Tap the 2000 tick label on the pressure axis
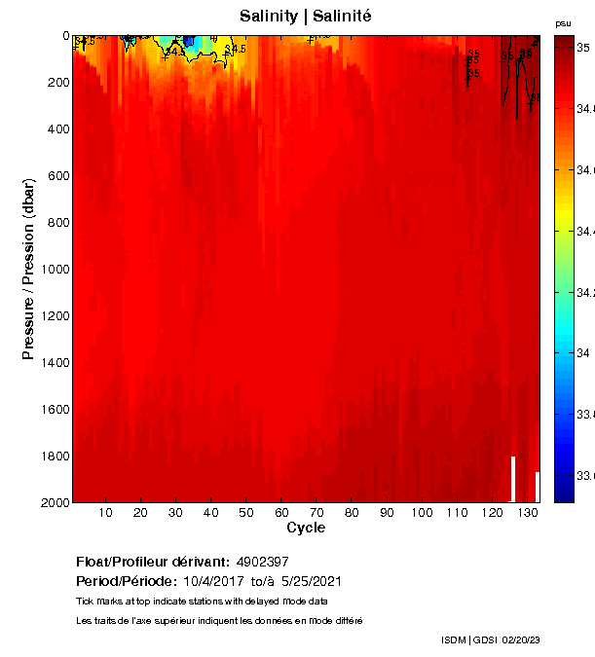(x=55, y=502)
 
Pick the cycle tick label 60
(x=281, y=513)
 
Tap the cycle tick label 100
(x=422, y=513)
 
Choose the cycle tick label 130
(x=527, y=513)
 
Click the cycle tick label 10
(x=105, y=513)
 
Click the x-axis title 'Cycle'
(x=306, y=529)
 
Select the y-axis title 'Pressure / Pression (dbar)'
(x=28, y=269)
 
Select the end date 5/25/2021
(x=311, y=581)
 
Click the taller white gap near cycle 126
(x=513, y=478)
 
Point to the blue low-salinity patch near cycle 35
(x=189, y=41)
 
